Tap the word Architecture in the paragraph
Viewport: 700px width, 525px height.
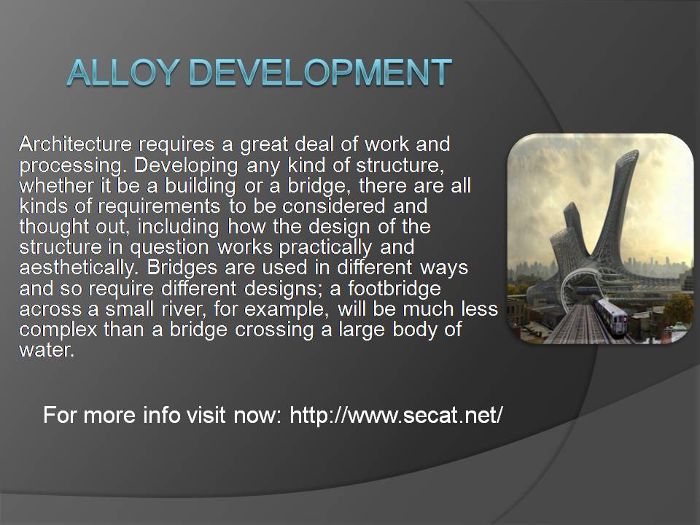tap(75, 144)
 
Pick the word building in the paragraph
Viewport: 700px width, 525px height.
tap(200, 186)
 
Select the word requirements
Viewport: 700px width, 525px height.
tap(159, 206)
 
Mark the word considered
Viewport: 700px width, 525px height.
tap(333, 206)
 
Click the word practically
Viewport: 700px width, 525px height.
tap(325, 248)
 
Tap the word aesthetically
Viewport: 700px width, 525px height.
tap(77, 268)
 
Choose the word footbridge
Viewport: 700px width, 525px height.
tap(394, 289)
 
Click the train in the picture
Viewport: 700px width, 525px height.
tap(611, 316)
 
